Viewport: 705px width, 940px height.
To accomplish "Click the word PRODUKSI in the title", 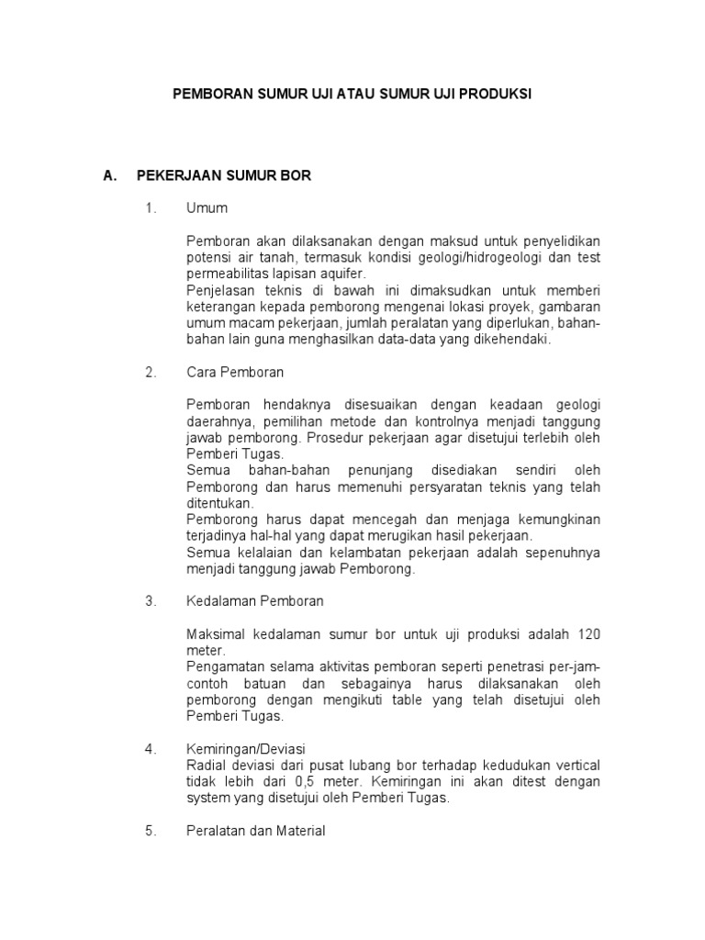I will pos(495,95).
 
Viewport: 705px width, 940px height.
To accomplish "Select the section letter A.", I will pos(110,175).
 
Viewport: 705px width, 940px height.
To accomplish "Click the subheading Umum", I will pos(207,208).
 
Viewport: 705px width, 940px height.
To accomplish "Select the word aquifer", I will pos(341,274).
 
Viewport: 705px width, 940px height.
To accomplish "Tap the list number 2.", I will pos(150,373).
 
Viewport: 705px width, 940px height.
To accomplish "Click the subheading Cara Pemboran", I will pos(235,373).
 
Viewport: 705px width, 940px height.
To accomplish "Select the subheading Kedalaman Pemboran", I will pos(254,601).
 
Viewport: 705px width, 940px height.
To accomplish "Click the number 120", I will pos(589,634).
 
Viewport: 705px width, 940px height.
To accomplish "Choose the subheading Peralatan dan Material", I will pos(255,832).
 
